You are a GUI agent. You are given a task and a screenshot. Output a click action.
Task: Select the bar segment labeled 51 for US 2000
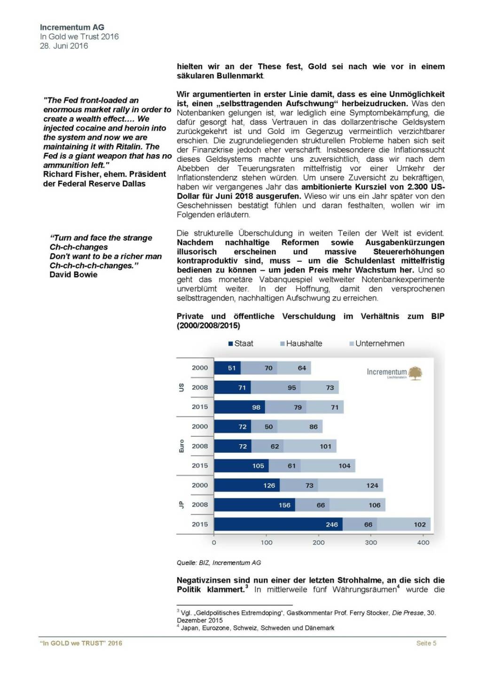pyautogui.click(x=228, y=368)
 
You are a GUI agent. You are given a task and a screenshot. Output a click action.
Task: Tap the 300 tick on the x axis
pyautogui.click(x=371, y=543)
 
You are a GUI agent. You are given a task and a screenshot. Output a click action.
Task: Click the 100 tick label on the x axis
pyautogui.click(x=267, y=543)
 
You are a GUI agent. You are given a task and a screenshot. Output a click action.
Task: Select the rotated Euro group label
pyautogui.click(x=181, y=446)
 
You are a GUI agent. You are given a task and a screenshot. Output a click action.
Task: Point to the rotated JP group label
pyautogui.click(x=181, y=505)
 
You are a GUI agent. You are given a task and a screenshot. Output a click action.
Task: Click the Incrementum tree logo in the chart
pyautogui.click(x=415, y=373)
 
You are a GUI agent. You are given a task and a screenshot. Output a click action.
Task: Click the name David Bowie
pyautogui.click(x=73, y=275)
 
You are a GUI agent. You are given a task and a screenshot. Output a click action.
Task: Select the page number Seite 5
pyautogui.click(x=426, y=643)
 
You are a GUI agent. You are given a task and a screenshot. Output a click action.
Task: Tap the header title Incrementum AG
pyautogui.click(x=72, y=27)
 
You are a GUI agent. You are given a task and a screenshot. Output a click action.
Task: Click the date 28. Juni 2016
pyautogui.click(x=64, y=46)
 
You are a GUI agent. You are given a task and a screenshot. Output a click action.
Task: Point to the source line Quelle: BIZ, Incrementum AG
pyautogui.click(x=219, y=563)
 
